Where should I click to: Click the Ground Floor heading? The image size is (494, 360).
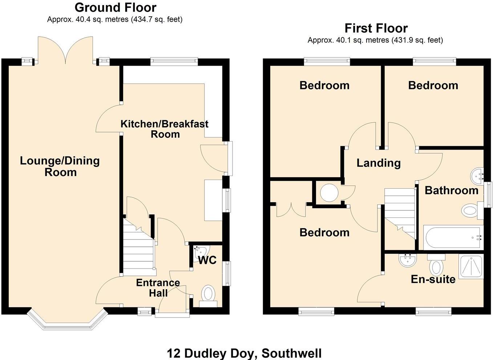pyautogui.click(x=115, y=7)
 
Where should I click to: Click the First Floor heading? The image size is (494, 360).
pyautogui.click(x=376, y=28)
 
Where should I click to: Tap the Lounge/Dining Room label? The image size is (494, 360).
pyautogui.click(x=60, y=166)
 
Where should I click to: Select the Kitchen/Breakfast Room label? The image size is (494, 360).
pyautogui.click(x=165, y=129)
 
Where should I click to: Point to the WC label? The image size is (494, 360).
pyautogui.click(x=207, y=260)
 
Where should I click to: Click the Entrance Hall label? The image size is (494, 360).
pyautogui.click(x=158, y=288)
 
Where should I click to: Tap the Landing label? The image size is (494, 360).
pyautogui.click(x=378, y=163)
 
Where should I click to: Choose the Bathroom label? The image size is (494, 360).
pyautogui.click(x=451, y=190)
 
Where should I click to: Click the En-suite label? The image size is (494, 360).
pyautogui.click(x=433, y=279)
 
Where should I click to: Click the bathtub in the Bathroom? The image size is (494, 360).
pyautogui.click(x=453, y=238)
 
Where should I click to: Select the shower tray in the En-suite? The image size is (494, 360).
pyautogui.click(x=471, y=266)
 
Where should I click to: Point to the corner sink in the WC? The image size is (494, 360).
pyautogui.click(x=201, y=251)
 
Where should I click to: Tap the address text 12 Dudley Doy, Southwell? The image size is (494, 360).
pyautogui.click(x=244, y=353)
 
